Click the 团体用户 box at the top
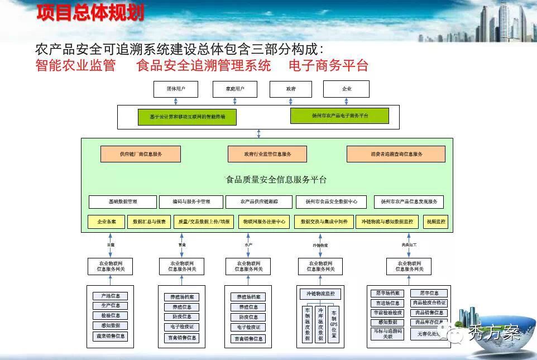click(x=175, y=89)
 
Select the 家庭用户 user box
click(x=234, y=89)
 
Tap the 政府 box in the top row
click(x=290, y=89)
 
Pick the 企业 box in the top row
click(x=346, y=89)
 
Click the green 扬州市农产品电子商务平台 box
click(x=339, y=116)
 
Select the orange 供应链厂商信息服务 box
click(x=141, y=154)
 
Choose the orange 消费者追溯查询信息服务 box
click(x=396, y=154)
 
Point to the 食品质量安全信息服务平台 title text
click(x=276, y=180)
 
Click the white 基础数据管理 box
click(x=123, y=201)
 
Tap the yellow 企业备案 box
click(x=107, y=222)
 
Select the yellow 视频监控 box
click(x=436, y=222)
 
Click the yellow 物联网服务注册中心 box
click(x=264, y=222)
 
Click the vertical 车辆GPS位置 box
click(x=334, y=324)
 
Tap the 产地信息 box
click(x=111, y=296)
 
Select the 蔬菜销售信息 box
click(x=111, y=336)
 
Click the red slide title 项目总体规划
click(x=90, y=13)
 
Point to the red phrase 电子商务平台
click(x=328, y=65)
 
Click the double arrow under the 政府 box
click(x=290, y=102)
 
